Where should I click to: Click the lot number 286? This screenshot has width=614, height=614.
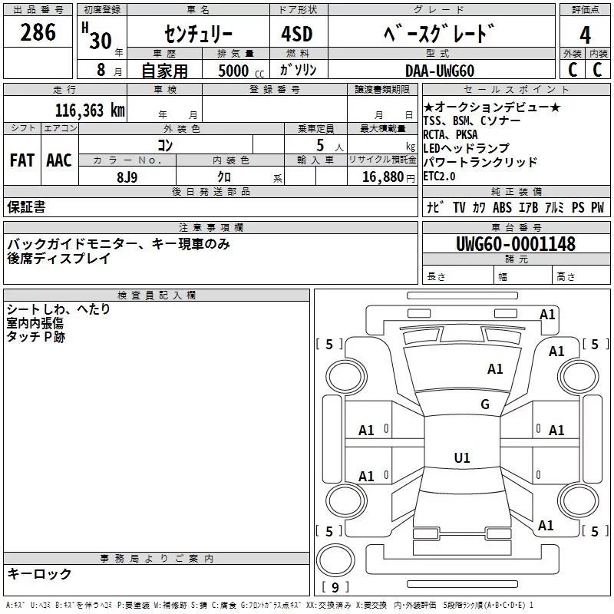coord(38,32)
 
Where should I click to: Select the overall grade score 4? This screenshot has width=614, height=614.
coord(586,35)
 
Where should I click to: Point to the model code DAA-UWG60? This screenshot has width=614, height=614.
coord(440,71)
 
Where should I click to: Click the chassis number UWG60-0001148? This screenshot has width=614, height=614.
coord(515,244)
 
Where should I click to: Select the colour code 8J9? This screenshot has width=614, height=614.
coord(127,177)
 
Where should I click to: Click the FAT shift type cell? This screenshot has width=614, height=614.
coord(22,160)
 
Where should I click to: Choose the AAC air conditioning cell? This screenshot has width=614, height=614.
coord(59,160)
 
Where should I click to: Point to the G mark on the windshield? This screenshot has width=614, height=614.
coord(485,404)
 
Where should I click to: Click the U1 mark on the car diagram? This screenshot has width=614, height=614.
coord(462,458)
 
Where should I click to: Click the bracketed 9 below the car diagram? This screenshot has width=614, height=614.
coord(335,588)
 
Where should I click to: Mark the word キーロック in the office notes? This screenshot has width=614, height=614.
coord(39,574)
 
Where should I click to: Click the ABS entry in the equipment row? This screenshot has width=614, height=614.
coord(503,207)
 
